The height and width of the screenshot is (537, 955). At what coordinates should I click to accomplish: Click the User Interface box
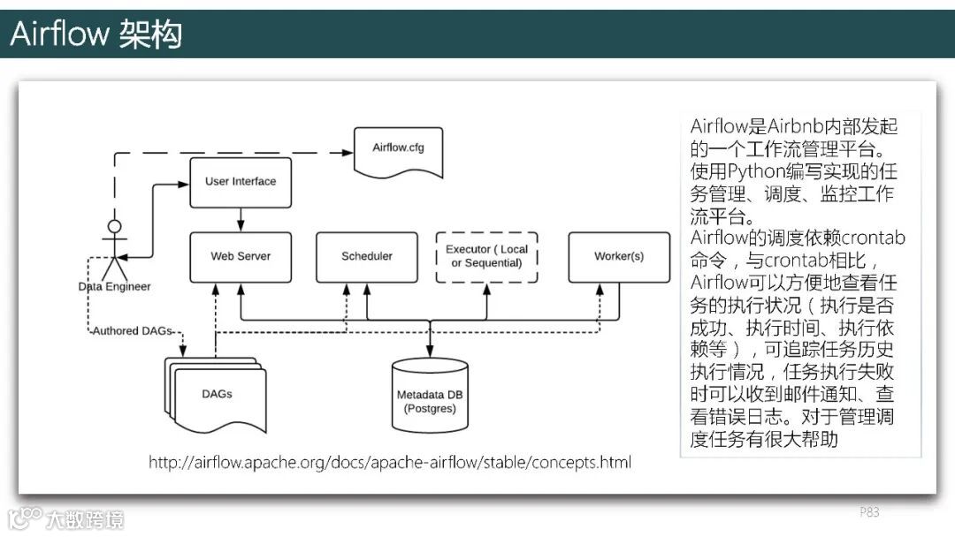[x=241, y=182]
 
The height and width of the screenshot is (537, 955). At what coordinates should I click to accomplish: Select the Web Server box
[x=241, y=257]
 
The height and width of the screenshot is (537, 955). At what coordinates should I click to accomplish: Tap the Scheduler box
[x=367, y=257]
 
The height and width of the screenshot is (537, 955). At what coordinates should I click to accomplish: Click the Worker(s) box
[x=619, y=257]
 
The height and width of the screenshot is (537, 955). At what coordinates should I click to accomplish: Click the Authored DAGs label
[x=133, y=331]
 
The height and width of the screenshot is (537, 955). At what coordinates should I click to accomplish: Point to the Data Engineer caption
[x=114, y=286]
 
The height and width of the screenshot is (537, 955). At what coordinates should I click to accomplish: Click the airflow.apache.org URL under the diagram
[x=390, y=462]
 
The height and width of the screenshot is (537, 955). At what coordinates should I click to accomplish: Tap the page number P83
[x=869, y=512]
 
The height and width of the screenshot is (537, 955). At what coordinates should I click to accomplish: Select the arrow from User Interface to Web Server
[x=241, y=220]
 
